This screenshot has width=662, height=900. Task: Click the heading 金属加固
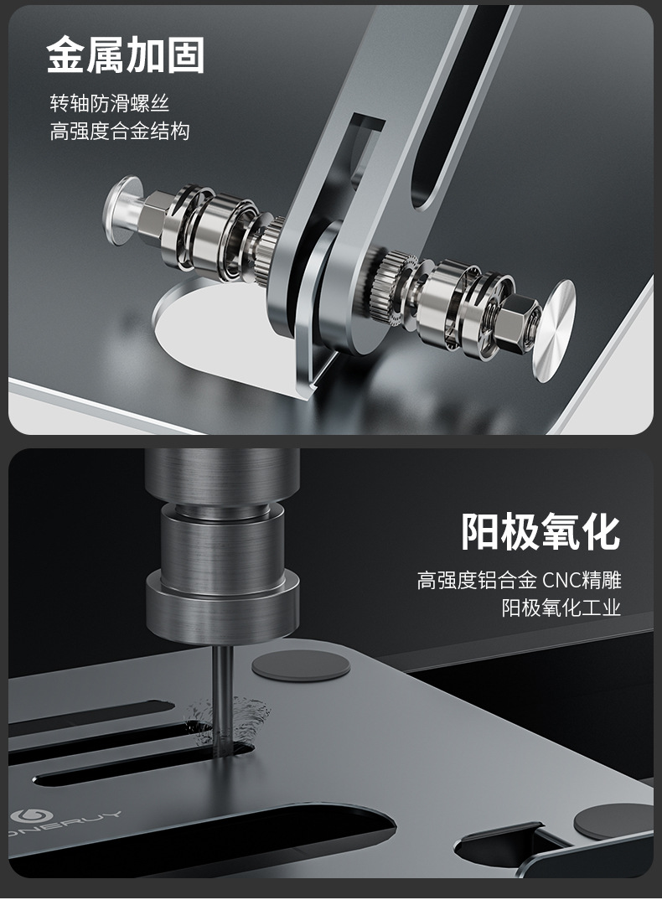[x=125, y=54]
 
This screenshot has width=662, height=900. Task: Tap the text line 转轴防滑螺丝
[x=110, y=104]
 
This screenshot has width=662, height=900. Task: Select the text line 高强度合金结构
[x=120, y=132]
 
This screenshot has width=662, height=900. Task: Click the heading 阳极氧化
[x=540, y=530]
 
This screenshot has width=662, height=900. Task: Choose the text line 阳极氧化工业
[x=561, y=608]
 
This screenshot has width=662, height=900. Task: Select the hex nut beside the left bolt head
[x=157, y=215]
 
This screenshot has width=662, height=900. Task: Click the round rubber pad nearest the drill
[x=301, y=666]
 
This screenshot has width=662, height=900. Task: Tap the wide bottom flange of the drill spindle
[x=223, y=605]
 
